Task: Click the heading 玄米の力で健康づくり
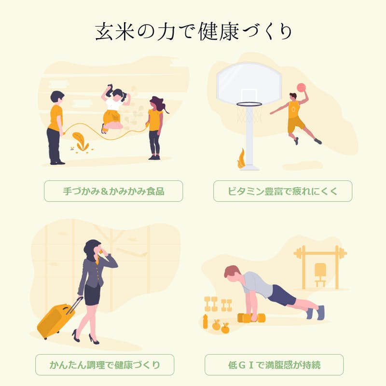tap(193, 31)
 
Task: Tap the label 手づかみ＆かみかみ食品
tap(113, 191)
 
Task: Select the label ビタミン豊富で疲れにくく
tap(283, 191)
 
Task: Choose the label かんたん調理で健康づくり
tap(105, 365)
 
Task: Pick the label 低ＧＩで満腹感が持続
tap(274, 365)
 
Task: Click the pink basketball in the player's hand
tap(301, 87)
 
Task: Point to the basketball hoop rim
tap(249, 104)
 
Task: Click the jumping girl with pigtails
tap(114, 108)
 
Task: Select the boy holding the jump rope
tap(56, 127)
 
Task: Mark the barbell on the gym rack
tap(320, 253)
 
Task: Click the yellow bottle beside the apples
tap(206, 321)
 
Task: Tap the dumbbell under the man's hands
tap(251, 318)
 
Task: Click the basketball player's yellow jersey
tap(294, 110)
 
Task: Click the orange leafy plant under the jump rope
tap(81, 142)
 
